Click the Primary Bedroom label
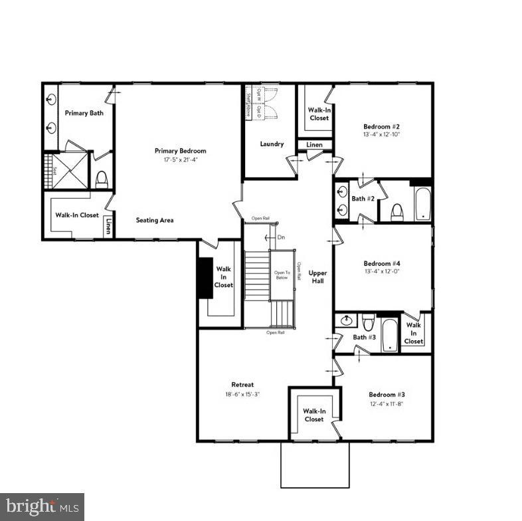click(180, 151)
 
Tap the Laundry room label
click(272, 144)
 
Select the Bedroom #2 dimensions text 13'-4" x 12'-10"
click(381, 134)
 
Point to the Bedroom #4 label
click(381, 262)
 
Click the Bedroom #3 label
click(387, 394)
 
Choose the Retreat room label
click(242, 385)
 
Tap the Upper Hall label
click(318, 276)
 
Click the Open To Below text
click(282, 276)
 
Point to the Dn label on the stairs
click(281, 237)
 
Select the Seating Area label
click(155, 220)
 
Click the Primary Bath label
click(84, 113)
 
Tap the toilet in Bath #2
click(397, 211)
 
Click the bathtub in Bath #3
click(389, 335)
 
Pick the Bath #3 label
click(364, 338)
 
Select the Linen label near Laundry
click(314, 145)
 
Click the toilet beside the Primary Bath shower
click(102, 179)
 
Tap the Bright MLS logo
click(42, 506)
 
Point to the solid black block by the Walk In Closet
click(204, 277)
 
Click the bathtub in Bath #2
click(422, 203)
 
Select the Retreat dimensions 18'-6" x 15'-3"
click(242, 394)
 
